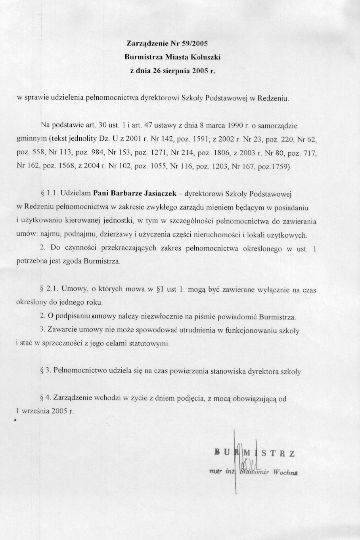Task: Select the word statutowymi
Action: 149,343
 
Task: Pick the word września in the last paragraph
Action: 39,411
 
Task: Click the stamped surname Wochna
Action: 285,472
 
